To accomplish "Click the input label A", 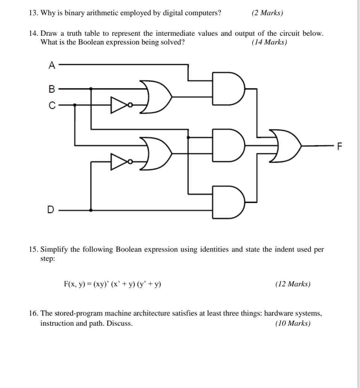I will (x=52, y=65).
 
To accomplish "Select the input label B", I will (x=52, y=89).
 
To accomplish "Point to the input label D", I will (x=50, y=210).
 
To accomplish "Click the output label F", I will (x=339, y=147).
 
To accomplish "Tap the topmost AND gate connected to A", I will (x=227, y=89).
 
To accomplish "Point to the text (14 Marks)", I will (x=269, y=42).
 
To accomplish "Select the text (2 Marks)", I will (x=268, y=13).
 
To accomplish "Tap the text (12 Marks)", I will (x=293, y=284).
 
